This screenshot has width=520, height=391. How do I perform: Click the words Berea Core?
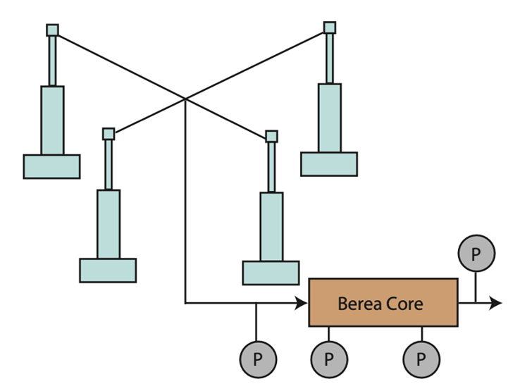click(380, 304)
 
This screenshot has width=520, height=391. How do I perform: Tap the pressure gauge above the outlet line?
click(476, 254)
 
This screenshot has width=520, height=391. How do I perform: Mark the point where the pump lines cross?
click(185, 99)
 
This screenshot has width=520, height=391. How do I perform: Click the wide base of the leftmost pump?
click(51, 166)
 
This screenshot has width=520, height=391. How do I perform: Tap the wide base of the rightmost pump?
click(329, 163)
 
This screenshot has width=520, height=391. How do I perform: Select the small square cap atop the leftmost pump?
click(52, 30)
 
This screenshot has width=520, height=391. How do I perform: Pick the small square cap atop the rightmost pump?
click(330, 27)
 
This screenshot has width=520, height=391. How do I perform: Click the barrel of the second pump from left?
click(109, 224)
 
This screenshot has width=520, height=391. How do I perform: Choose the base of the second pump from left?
click(108, 271)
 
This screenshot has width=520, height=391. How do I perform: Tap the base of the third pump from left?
click(271, 273)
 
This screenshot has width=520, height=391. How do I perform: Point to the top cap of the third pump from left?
click(271, 136)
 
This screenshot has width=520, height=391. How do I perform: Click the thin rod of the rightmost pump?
click(330, 58)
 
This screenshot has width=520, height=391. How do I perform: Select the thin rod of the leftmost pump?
click(52, 60)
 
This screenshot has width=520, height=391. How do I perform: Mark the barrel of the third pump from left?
click(271, 226)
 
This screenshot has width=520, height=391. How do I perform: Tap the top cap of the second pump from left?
click(109, 134)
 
